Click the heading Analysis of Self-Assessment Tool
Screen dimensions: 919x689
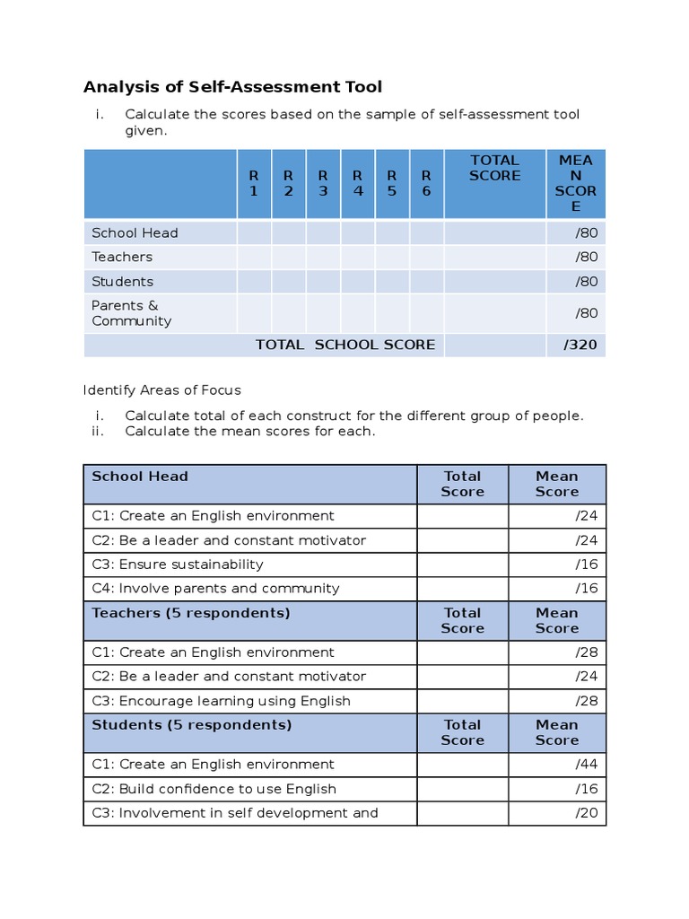(x=232, y=87)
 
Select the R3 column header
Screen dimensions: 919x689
(x=323, y=183)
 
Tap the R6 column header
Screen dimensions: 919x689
(x=426, y=183)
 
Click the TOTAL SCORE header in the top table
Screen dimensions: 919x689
(x=494, y=168)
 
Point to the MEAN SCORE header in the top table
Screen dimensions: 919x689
(x=576, y=183)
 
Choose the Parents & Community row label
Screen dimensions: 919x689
(x=131, y=313)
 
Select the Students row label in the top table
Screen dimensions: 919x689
(x=122, y=281)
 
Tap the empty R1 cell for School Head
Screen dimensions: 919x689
(x=254, y=232)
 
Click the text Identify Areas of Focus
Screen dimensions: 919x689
(x=161, y=390)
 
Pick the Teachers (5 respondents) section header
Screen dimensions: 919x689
(x=191, y=613)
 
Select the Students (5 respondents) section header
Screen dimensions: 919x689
(x=191, y=724)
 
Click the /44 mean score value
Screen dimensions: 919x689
(x=587, y=765)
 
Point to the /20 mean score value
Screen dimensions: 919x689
(x=587, y=813)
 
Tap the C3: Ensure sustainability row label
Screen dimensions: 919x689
(x=178, y=565)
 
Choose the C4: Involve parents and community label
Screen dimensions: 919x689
(x=215, y=589)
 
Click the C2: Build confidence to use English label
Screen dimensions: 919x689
(x=214, y=789)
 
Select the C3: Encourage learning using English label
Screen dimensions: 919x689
(x=221, y=701)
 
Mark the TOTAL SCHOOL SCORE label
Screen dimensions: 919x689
(x=345, y=345)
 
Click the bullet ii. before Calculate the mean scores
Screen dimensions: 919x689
(x=99, y=431)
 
